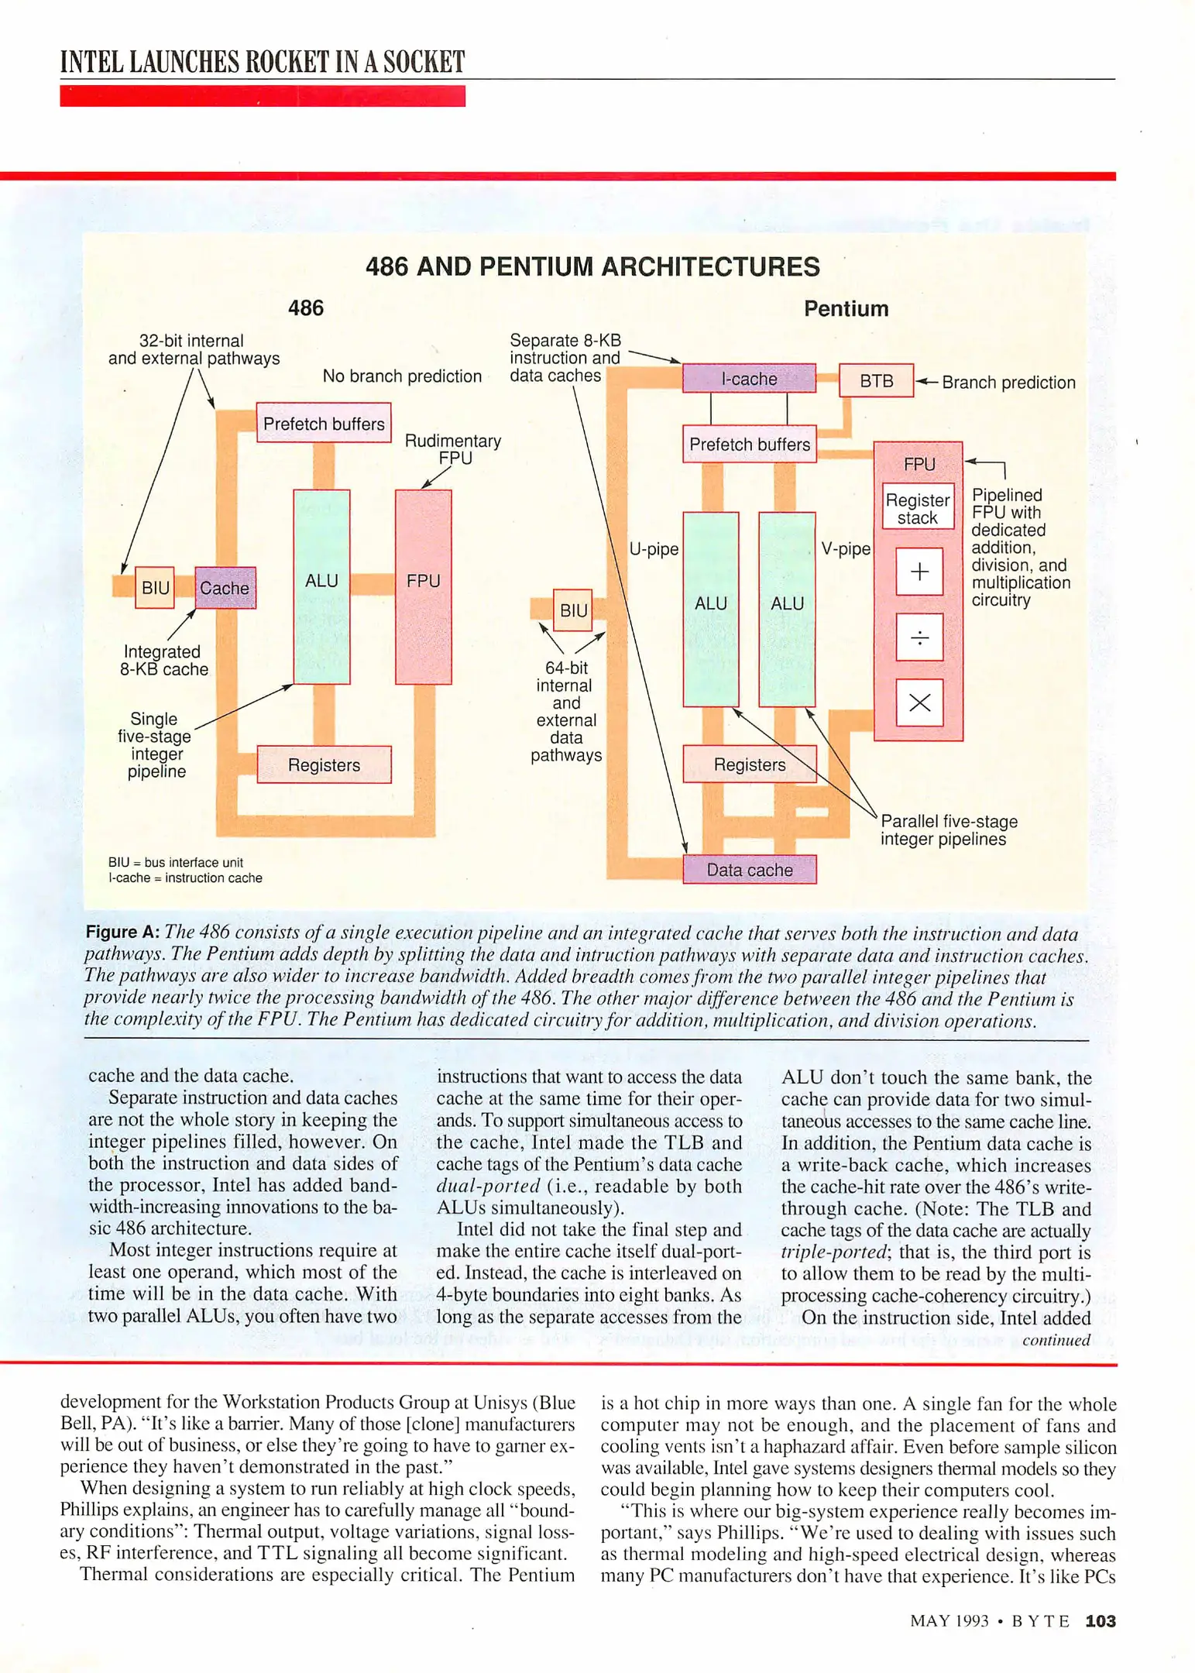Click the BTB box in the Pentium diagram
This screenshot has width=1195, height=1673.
(x=876, y=381)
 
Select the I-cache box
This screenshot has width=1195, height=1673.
(x=748, y=379)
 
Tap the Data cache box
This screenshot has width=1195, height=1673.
(x=749, y=870)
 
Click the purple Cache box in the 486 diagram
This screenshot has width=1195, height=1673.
(x=225, y=588)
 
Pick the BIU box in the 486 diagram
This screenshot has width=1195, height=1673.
(x=155, y=588)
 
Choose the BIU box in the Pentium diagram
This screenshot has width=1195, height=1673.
(x=573, y=610)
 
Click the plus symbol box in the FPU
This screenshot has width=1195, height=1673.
(x=919, y=572)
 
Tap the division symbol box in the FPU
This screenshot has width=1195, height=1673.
(x=919, y=637)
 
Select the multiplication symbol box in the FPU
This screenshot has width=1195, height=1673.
(x=919, y=703)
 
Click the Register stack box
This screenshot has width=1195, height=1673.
(x=918, y=509)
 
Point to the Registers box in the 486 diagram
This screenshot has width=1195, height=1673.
(x=324, y=765)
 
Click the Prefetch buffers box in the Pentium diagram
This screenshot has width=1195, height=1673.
(x=749, y=445)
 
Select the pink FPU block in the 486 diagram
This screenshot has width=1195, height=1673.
(x=423, y=587)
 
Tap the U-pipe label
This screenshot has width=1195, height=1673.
(x=654, y=549)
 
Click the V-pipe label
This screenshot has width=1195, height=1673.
(x=846, y=549)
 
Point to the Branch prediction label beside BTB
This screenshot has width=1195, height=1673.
(x=1008, y=383)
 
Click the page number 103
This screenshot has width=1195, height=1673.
(x=1101, y=1621)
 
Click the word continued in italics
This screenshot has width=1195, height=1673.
(x=1056, y=1341)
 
